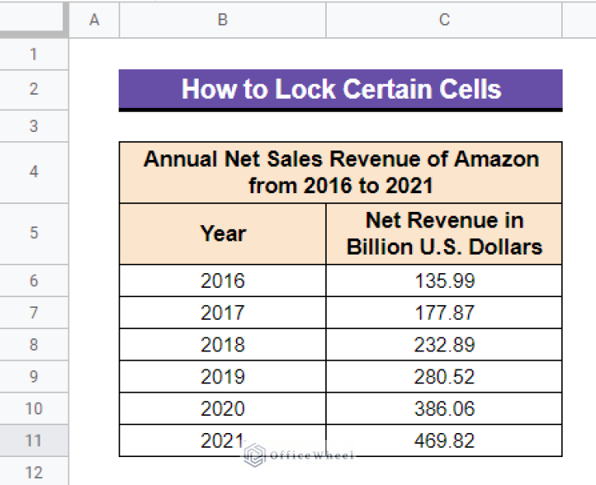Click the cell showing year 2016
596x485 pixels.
[x=222, y=280]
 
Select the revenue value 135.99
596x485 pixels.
[x=444, y=280]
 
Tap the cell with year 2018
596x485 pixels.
[x=222, y=345]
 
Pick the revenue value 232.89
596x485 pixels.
[x=444, y=345]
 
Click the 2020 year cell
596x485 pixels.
[x=222, y=408]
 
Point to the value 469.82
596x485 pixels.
[x=444, y=441]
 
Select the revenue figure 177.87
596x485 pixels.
[x=444, y=313]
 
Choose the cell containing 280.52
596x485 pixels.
[x=444, y=376]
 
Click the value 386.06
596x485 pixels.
[x=444, y=408]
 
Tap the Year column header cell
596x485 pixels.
[x=223, y=234]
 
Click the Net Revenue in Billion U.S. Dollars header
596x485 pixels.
[x=444, y=234]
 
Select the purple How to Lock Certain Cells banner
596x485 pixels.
[x=341, y=89]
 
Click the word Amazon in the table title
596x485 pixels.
[x=497, y=159]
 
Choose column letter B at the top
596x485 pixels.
[x=223, y=20]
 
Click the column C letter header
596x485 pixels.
[x=444, y=20]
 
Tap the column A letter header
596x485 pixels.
[x=95, y=20]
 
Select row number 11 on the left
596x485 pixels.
[x=33, y=441]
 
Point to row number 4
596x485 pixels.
[x=33, y=171]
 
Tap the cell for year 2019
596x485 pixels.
[x=222, y=376]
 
